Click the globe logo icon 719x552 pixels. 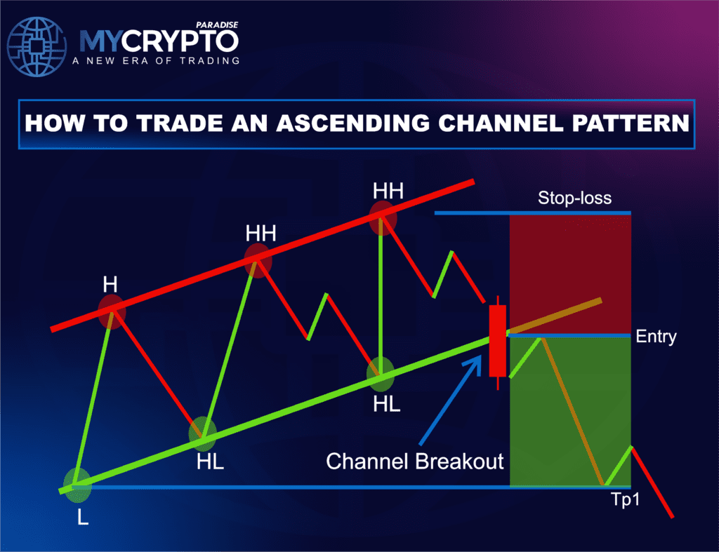(37, 46)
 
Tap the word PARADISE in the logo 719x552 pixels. (217, 25)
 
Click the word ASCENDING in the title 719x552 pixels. (353, 123)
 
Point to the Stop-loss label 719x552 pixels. (574, 198)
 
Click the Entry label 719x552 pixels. (657, 337)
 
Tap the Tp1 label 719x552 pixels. (626, 499)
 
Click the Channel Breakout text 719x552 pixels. (414, 462)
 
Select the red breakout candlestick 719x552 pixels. (498, 342)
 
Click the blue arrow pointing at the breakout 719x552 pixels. (449, 400)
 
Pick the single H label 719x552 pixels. (110, 285)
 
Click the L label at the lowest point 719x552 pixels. (83, 517)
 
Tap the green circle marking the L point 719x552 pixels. (77, 485)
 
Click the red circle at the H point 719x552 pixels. (112, 311)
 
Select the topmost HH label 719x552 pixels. (388, 191)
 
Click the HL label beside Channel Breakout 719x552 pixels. (387, 404)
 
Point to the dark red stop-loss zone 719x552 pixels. (570, 274)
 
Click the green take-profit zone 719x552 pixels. (570, 411)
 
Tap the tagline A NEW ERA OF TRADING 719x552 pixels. (156, 61)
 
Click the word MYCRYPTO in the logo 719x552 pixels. (159, 41)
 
